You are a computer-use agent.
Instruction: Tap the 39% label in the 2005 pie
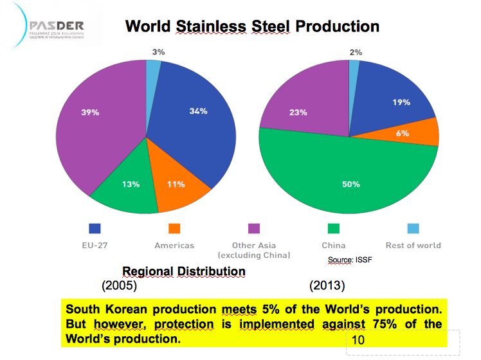[90, 113]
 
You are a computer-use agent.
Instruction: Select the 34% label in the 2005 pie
[198, 111]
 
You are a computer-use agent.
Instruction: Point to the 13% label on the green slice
[131, 184]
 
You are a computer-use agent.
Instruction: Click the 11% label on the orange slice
[176, 184]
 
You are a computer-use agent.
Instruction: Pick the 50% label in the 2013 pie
[350, 184]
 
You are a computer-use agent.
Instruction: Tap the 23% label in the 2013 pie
[298, 113]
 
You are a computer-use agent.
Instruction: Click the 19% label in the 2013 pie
[402, 102]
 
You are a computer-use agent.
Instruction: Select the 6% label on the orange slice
[402, 133]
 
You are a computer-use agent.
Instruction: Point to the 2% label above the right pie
[356, 52]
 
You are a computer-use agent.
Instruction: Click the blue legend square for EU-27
[95, 228]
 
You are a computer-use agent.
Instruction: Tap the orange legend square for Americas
[174, 228]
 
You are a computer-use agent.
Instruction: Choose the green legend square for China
[333, 228]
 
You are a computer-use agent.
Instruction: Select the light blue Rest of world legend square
[413, 228]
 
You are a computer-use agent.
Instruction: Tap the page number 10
[358, 339]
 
